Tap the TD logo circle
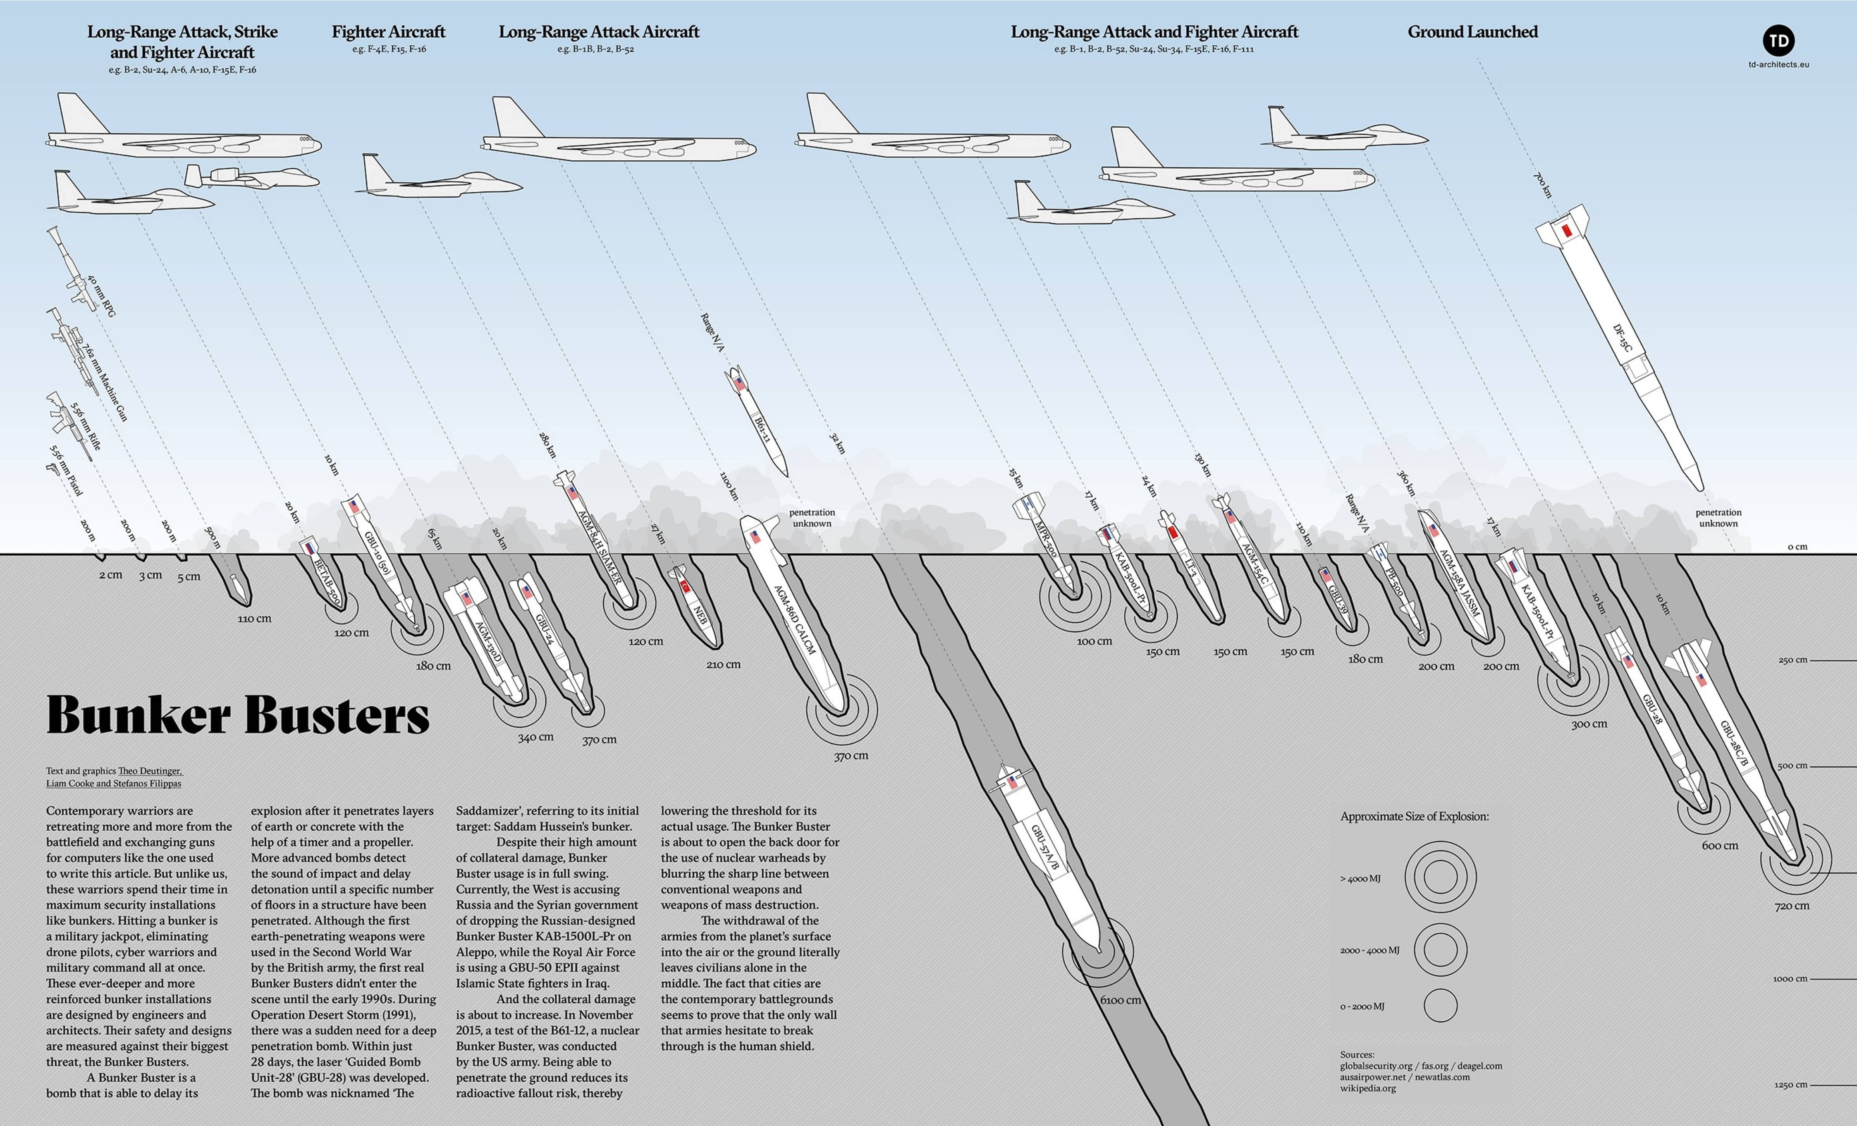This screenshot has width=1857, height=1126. point(1778,41)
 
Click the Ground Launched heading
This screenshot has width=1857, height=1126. point(1472,32)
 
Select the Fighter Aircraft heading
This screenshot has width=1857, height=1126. point(388,32)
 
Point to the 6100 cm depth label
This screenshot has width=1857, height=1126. point(1121,1000)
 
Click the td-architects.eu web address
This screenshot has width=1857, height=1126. point(1778,65)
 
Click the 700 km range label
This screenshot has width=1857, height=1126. point(1543,185)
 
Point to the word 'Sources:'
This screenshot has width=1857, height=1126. point(1357,1054)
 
